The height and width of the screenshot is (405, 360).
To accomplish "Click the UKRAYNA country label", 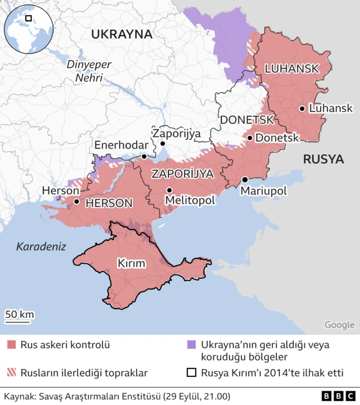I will coord(121,34).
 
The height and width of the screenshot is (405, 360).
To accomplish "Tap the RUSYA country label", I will coord(323,159).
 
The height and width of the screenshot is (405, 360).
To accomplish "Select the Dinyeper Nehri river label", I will coord(84,71).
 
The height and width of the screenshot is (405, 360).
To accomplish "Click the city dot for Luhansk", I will coord(303,109).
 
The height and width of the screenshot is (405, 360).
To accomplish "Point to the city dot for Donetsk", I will coord(250,137).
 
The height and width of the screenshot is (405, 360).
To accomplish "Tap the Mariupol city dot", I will coord(245,179).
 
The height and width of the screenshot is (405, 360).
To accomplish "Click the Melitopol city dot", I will coord(169,190).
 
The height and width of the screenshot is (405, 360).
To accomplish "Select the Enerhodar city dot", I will coord(145,156).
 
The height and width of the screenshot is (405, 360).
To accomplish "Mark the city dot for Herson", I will coord(76,201).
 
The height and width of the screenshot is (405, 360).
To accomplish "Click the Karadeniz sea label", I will coord(41,246).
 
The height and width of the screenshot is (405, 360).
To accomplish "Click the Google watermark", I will coord(339,325).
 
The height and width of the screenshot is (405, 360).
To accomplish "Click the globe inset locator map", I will coord(28,28).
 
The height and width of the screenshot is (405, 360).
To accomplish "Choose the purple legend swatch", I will coord(191,344).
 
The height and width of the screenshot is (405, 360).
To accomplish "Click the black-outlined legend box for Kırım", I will coord(191,372).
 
